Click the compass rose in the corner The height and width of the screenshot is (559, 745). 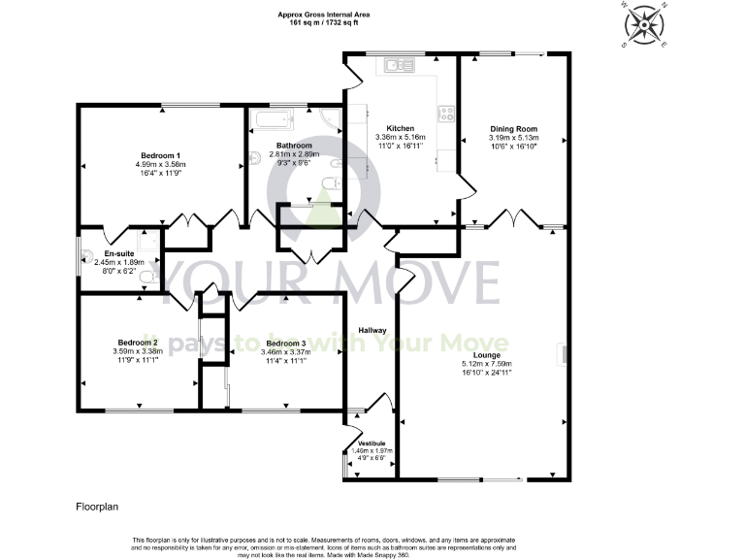(641, 22)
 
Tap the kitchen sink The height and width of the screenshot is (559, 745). (398, 65)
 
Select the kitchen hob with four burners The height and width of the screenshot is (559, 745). (447, 113)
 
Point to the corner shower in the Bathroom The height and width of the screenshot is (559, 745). (330, 120)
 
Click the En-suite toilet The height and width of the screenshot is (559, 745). (147, 279)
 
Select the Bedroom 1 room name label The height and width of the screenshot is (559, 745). (160, 155)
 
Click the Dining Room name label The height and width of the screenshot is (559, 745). (513, 128)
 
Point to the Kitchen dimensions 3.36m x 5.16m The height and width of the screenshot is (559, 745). (401, 138)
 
